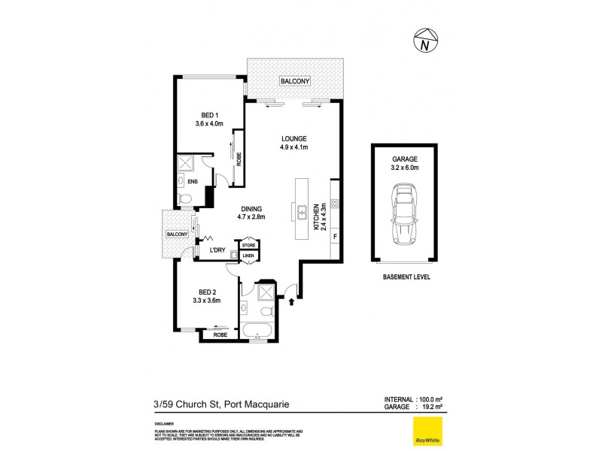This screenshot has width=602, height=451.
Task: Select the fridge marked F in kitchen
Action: [334, 238]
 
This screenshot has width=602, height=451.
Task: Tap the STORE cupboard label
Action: [249, 245]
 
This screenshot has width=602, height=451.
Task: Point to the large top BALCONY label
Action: [296, 80]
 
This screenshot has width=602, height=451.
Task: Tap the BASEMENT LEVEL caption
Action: [406, 277]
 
